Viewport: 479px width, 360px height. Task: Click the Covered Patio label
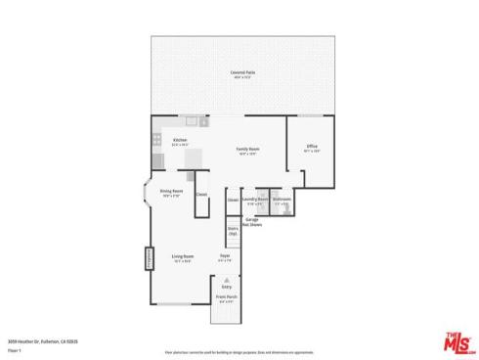point(238,74)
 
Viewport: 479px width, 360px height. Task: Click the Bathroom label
point(282,200)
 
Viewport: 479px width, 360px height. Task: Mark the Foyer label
point(224,258)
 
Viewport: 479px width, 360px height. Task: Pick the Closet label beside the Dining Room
point(201,194)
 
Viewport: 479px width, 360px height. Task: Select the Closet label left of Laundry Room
point(233,200)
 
